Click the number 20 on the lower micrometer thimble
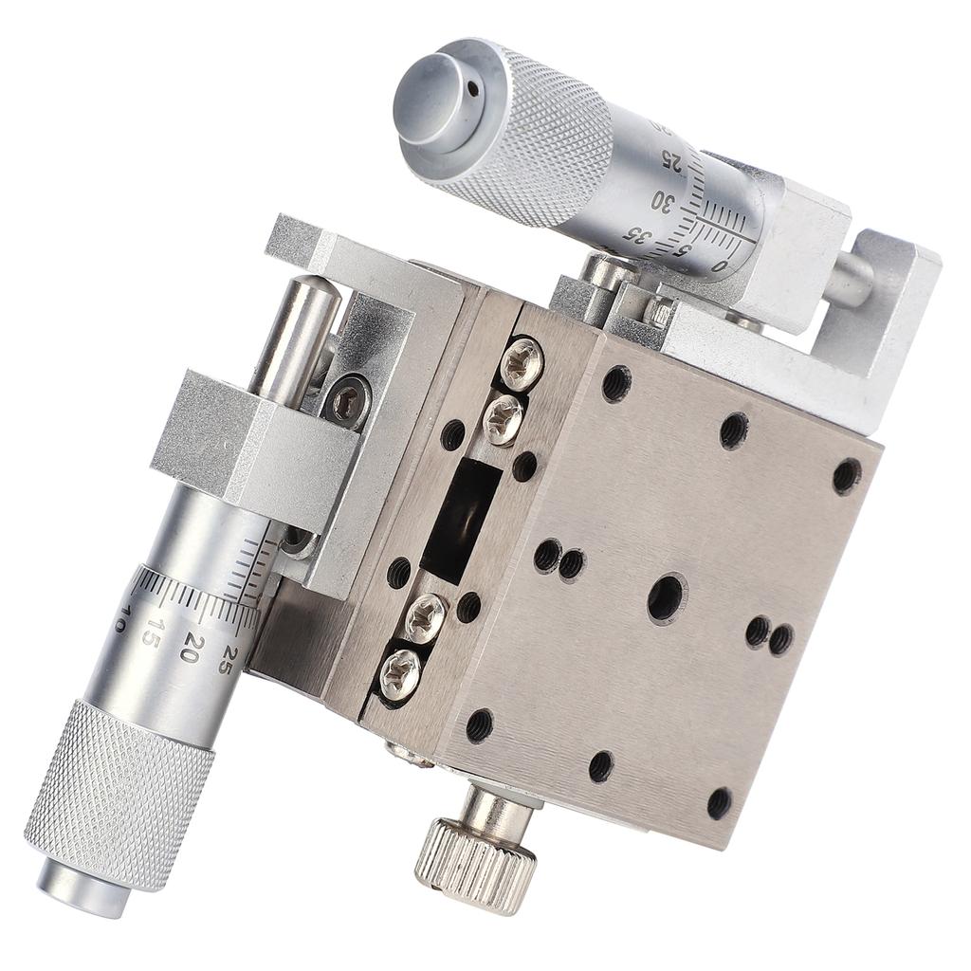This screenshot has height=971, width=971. [x=192, y=648]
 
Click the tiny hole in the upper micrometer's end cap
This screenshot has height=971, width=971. [x=472, y=89]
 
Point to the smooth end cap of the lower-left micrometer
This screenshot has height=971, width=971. [x=81, y=887]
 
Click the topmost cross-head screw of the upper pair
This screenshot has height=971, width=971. [x=522, y=364]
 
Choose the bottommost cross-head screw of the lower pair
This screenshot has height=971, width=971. [x=399, y=675]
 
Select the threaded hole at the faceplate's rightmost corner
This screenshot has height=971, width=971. [x=846, y=476]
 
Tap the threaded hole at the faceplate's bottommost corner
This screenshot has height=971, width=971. [x=719, y=803]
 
